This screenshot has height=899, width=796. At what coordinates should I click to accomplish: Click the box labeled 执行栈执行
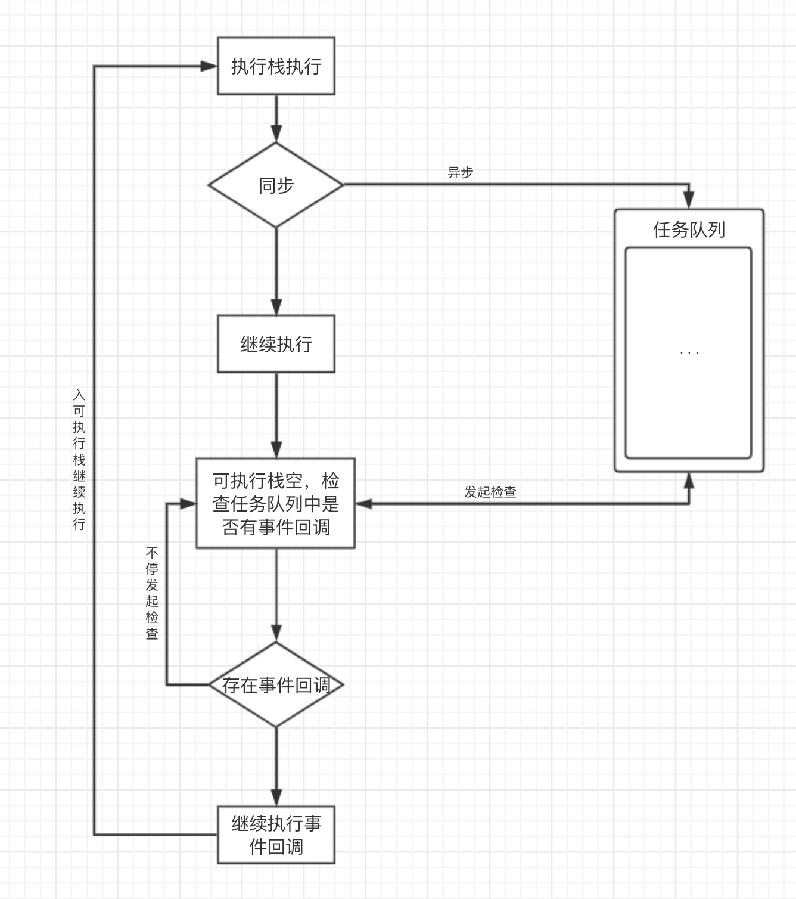tap(276, 66)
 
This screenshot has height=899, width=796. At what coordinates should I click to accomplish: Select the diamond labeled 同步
tap(276, 185)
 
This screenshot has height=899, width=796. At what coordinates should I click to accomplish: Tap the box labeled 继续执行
tap(276, 344)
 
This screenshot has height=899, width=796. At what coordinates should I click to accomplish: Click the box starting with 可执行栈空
tap(276, 503)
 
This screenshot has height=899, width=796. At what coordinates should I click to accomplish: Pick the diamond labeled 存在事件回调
tap(276, 684)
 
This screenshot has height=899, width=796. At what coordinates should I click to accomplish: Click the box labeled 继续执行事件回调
tap(276, 835)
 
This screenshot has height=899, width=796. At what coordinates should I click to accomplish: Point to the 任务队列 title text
tap(689, 230)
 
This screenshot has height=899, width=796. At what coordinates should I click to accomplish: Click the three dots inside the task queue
tap(689, 353)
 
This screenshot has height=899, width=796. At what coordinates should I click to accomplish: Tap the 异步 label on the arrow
tap(460, 172)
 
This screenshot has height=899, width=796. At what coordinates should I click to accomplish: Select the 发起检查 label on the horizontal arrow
tap(490, 492)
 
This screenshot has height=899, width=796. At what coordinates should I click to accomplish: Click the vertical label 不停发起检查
tap(152, 593)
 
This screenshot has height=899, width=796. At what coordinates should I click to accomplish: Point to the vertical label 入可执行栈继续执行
tap(79, 459)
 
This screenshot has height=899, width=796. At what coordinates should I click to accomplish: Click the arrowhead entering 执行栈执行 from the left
tap(209, 66)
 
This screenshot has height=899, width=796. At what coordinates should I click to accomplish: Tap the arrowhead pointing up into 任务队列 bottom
tap(689, 480)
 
